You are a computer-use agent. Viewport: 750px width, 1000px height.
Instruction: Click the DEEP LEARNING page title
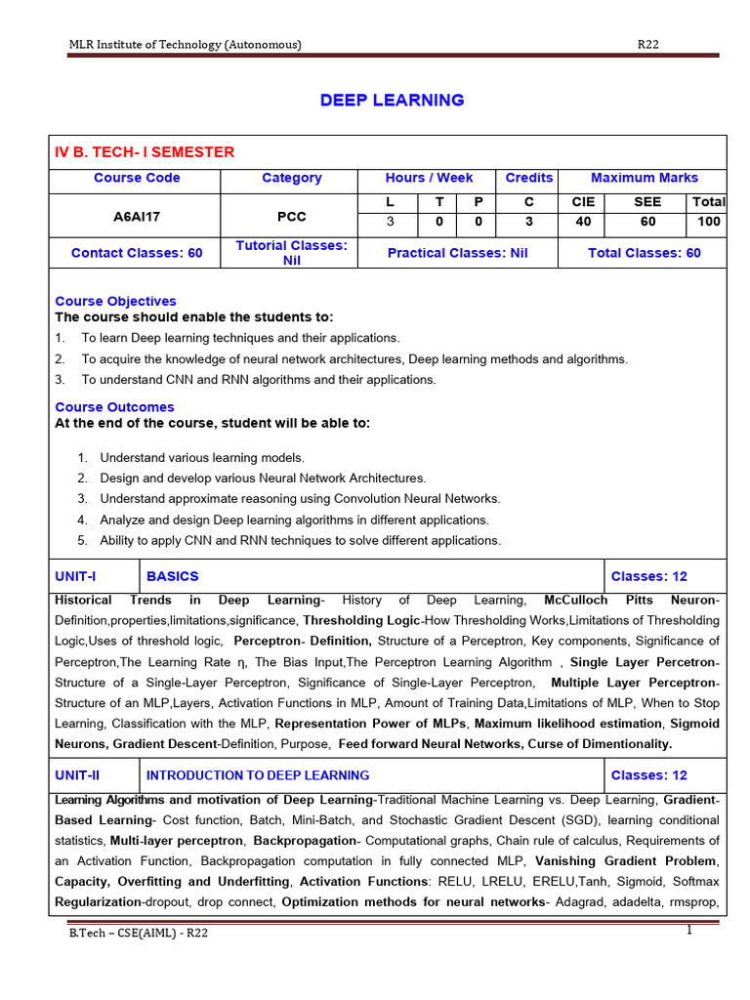tap(392, 101)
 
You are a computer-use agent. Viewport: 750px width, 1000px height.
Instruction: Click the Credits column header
tap(528, 178)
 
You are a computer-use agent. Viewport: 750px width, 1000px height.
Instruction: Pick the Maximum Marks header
tap(644, 178)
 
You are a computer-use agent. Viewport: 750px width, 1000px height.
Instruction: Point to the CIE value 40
tap(583, 222)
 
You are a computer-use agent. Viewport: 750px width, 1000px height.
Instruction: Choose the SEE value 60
tap(646, 222)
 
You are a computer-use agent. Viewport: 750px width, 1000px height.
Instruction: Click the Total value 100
tap(708, 222)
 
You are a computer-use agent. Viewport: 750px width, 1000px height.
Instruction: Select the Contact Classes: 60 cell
tap(137, 253)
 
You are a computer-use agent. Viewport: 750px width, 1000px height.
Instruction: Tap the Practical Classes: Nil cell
tap(457, 253)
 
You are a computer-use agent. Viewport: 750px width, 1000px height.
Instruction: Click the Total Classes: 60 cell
tap(644, 253)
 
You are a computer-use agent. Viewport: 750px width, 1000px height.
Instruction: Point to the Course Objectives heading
tap(115, 301)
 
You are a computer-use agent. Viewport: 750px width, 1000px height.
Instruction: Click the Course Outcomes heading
tap(114, 406)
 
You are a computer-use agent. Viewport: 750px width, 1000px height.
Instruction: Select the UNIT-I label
tap(76, 576)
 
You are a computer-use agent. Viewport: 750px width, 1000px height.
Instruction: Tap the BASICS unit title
tap(172, 576)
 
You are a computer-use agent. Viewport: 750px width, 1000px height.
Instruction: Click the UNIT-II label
tap(78, 775)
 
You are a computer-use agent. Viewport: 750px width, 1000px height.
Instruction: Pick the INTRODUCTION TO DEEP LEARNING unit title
tap(258, 775)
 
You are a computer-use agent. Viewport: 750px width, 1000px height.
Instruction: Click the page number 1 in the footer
tap(688, 930)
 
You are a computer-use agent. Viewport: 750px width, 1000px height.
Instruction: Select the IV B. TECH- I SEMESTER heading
tap(145, 151)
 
